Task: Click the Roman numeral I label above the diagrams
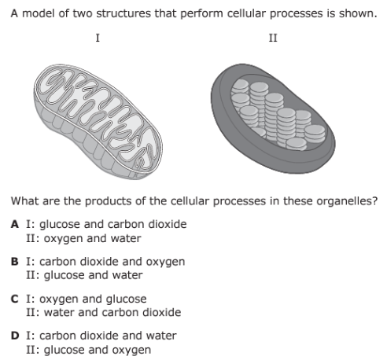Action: [98, 39]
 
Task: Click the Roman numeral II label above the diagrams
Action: [273, 39]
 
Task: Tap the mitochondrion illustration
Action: [98, 121]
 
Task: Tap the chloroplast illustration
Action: [273, 119]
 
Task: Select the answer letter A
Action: [15, 224]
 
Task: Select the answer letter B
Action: [15, 262]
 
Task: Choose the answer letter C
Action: [15, 299]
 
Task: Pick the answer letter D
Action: [15, 336]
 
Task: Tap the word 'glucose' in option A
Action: [60, 225]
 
